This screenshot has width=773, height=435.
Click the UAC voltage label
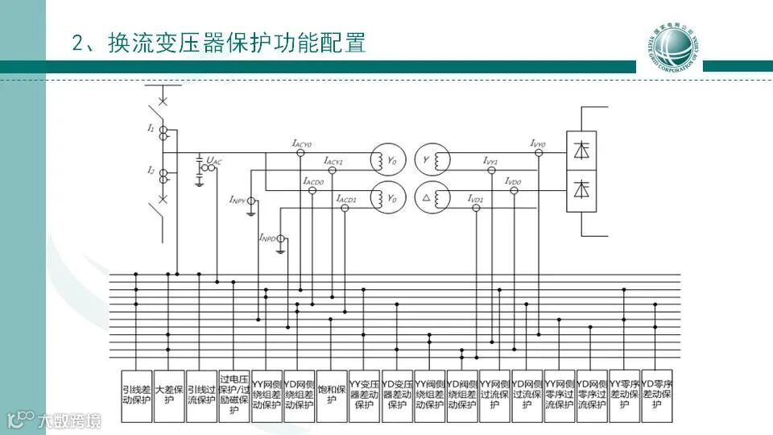(213, 162)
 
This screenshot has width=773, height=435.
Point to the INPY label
(238, 199)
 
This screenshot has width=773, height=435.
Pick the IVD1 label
(476, 197)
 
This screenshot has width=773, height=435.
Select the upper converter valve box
(581, 150)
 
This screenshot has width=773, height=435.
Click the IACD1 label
(346, 197)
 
